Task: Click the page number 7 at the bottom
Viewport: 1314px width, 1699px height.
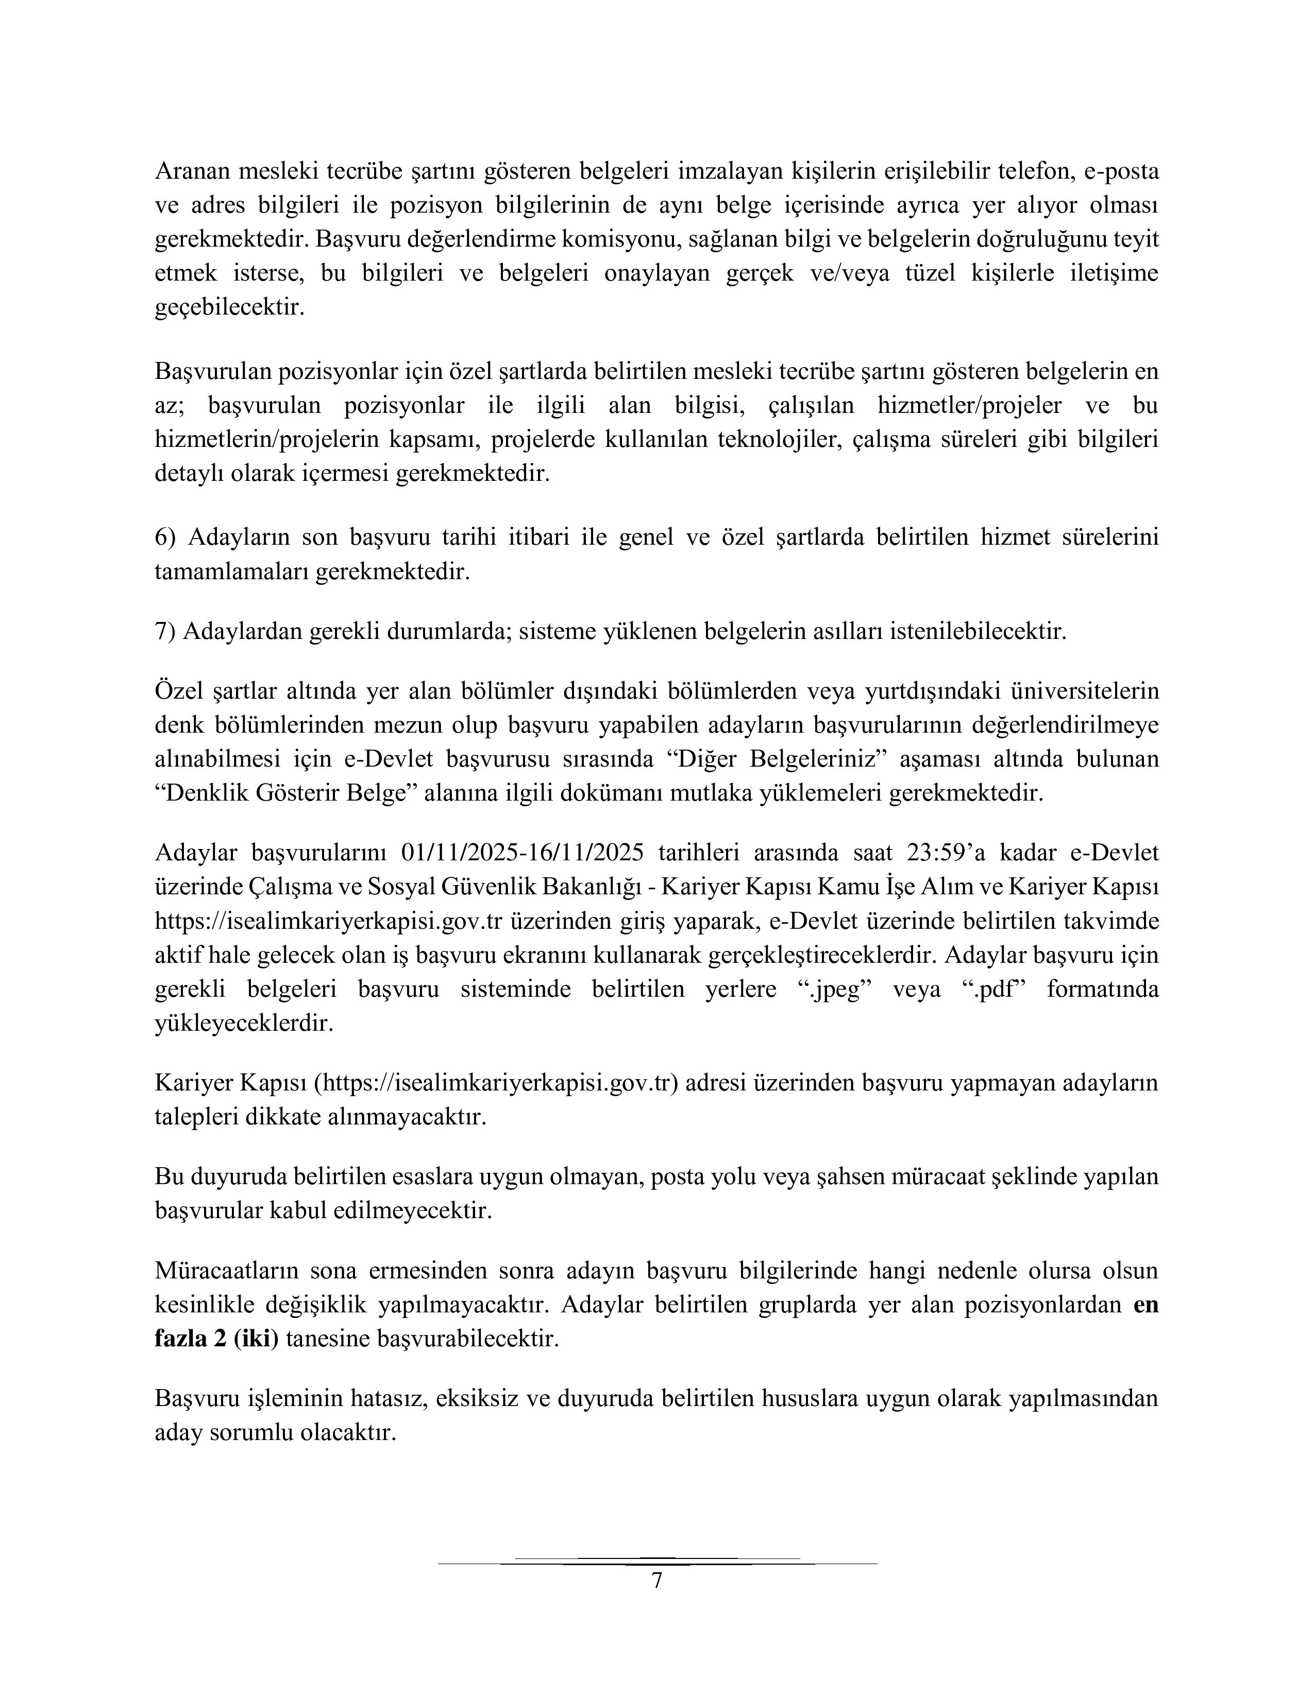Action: coord(656,1582)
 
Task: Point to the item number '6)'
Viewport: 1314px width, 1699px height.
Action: coord(167,538)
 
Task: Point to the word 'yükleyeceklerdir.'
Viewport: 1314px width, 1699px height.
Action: coord(244,1024)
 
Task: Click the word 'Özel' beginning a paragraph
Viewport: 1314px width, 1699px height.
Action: coord(178,691)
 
